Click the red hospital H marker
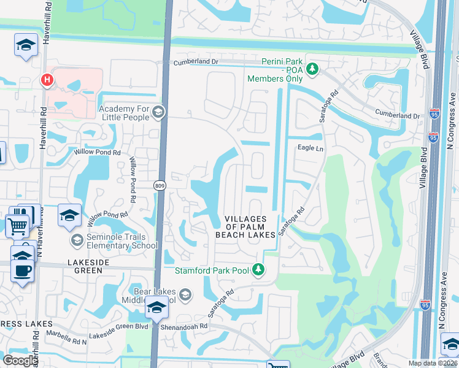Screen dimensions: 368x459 coord(46,80)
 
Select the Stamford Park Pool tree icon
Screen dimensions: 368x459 coord(259,270)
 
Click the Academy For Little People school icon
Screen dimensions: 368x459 coord(158,112)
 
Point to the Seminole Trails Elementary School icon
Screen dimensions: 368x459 coord(77,239)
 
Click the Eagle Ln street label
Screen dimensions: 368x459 coord(310,148)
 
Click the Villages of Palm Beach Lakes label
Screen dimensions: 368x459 coord(245,226)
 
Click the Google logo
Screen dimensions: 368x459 coord(20,360)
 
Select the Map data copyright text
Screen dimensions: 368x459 coord(433,363)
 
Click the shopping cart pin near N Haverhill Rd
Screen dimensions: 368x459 coord(18,226)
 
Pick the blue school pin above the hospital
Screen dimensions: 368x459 coord(26,45)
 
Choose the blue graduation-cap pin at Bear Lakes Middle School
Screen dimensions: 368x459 coord(156,307)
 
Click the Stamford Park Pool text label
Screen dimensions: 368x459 coord(213,270)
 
